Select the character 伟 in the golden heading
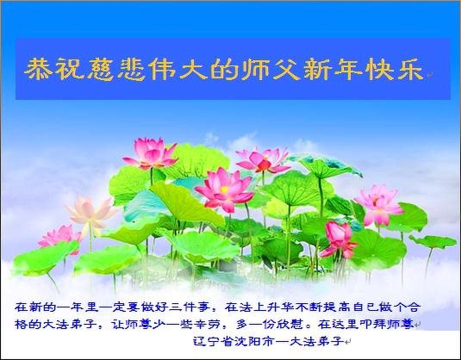(x=162, y=69)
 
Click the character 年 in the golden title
(x=348, y=69)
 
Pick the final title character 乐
(x=410, y=69)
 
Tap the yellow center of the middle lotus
(x=224, y=189)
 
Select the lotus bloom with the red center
(x=263, y=161)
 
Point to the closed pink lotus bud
(x=338, y=239)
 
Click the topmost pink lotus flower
(x=150, y=153)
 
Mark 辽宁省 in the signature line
(x=213, y=341)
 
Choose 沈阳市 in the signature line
(x=254, y=341)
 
